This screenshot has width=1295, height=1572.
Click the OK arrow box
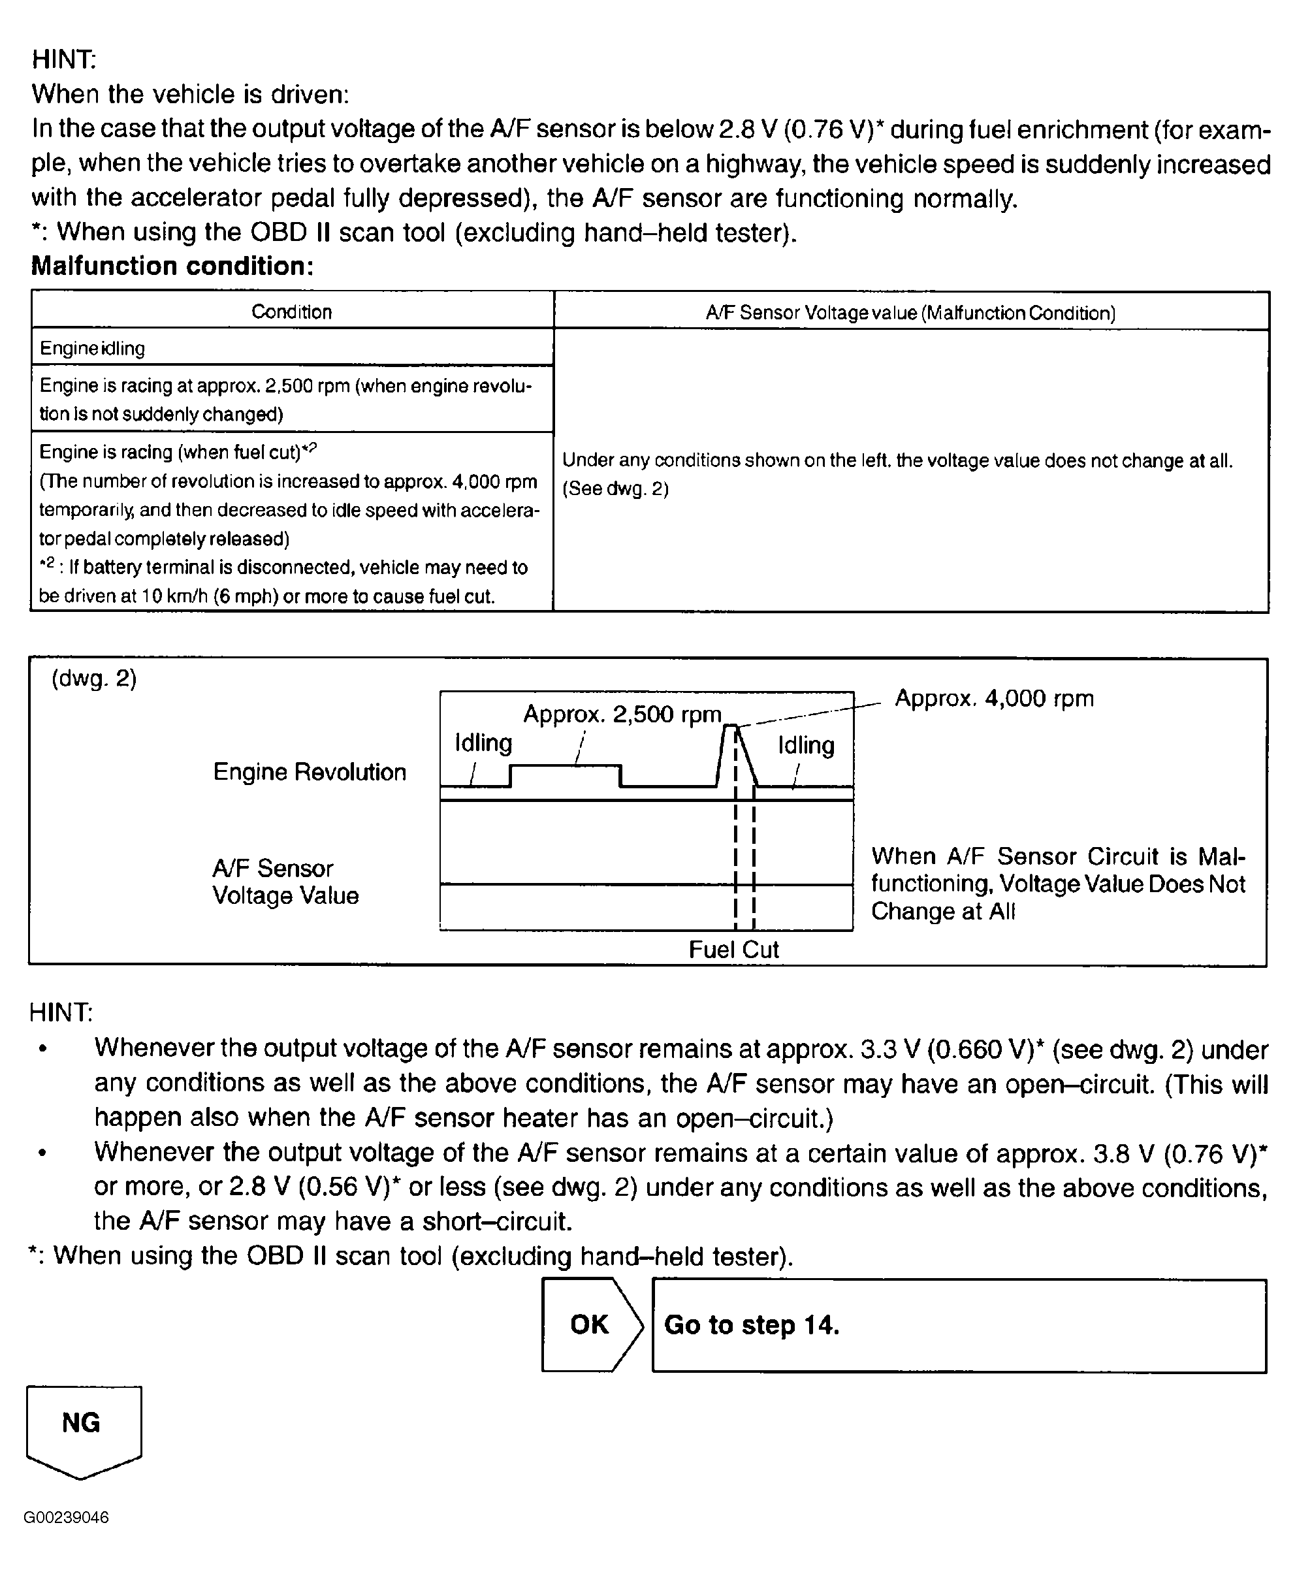point(591,1324)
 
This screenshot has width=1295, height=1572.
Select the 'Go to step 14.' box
point(959,1325)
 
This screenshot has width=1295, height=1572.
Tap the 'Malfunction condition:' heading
point(172,266)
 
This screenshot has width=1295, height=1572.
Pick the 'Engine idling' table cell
point(93,348)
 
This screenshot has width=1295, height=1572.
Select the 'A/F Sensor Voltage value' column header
point(910,313)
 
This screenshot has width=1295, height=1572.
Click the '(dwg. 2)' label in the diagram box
point(94,679)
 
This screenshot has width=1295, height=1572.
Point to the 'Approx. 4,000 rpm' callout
point(994,699)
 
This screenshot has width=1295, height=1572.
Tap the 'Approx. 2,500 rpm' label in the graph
point(622,714)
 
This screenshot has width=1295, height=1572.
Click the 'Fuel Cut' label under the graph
point(733,949)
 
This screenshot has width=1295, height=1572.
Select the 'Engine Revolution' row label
point(310,772)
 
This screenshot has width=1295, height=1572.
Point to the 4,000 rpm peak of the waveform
point(731,726)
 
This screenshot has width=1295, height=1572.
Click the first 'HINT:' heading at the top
point(64,59)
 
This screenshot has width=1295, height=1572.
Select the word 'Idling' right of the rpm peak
point(806,745)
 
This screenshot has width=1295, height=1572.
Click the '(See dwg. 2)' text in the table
point(615,489)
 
